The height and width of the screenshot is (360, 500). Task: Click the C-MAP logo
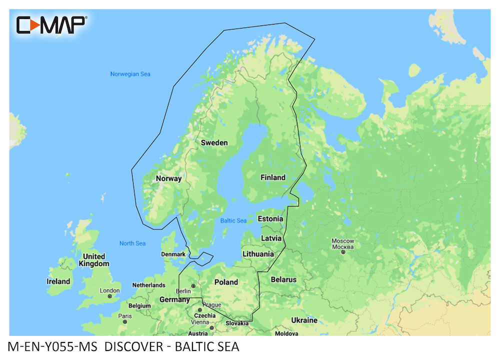(x=51, y=24)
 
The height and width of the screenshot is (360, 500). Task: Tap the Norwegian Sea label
(x=130, y=74)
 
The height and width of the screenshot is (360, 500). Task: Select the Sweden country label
(x=214, y=143)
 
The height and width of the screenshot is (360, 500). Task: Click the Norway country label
(x=168, y=178)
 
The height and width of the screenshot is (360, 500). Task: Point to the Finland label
(x=273, y=177)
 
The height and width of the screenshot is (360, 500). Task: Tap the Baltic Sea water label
(x=233, y=220)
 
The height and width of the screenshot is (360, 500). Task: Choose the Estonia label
(x=270, y=219)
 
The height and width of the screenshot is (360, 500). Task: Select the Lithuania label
(x=258, y=254)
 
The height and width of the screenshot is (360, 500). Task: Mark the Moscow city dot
(x=343, y=252)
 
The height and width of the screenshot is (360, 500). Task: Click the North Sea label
(x=132, y=243)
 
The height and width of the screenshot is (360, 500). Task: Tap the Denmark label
(x=173, y=254)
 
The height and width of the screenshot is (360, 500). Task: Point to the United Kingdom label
(x=94, y=260)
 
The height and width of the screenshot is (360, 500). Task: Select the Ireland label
(x=58, y=281)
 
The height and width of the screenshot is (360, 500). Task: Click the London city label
(x=109, y=290)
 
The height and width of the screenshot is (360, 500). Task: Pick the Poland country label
(x=226, y=282)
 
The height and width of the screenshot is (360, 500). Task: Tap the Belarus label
(x=283, y=280)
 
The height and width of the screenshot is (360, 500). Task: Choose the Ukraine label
(x=304, y=320)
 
